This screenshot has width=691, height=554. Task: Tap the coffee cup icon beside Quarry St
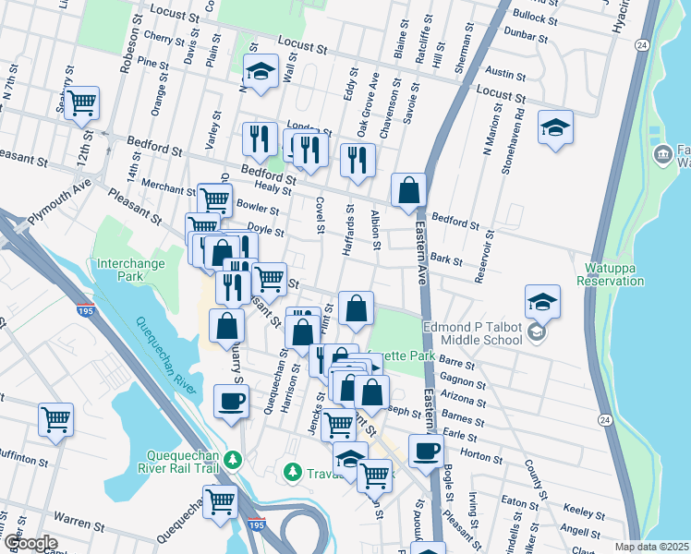click(x=230, y=401)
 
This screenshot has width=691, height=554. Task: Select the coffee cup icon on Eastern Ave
click(x=425, y=450)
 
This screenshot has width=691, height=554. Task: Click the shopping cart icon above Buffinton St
click(x=56, y=419)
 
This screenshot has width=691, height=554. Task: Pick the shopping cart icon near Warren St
click(x=220, y=501)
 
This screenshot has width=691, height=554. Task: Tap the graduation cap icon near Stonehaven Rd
click(x=555, y=126)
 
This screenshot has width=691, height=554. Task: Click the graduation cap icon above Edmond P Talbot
click(x=542, y=300)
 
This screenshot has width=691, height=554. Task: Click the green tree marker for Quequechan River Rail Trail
click(x=234, y=458)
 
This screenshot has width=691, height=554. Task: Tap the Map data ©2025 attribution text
click(x=652, y=547)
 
